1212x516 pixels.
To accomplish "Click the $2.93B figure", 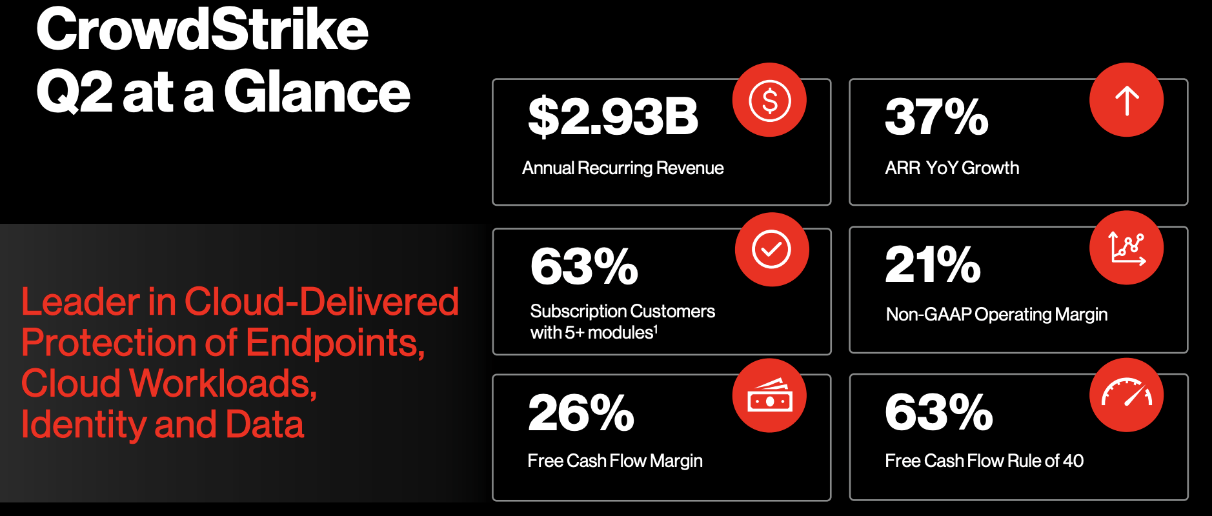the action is pyautogui.click(x=613, y=117).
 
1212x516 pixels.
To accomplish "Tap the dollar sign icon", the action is pyautogui.click(x=769, y=100).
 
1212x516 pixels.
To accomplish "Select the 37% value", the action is pyautogui.click(x=936, y=117).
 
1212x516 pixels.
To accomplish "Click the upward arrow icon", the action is pyautogui.click(x=1127, y=100).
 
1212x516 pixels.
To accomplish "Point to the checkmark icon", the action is pyautogui.click(x=772, y=249).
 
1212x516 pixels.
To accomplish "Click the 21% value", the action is pyautogui.click(x=933, y=264).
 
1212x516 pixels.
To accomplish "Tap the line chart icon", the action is pyautogui.click(x=1127, y=248).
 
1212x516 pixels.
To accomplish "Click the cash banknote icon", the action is pyautogui.click(x=769, y=395).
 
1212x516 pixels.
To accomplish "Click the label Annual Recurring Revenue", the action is pyautogui.click(x=623, y=168).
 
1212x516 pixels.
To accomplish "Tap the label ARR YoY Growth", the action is pyautogui.click(x=952, y=168).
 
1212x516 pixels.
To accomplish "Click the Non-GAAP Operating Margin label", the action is pyautogui.click(x=996, y=315).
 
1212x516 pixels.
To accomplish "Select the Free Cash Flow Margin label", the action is pyautogui.click(x=615, y=461).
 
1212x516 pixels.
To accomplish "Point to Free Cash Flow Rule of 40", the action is pyautogui.click(x=984, y=461).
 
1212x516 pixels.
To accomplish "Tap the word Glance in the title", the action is pyautogui.click(x=317, y=92).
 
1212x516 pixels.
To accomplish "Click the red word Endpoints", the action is pyautogui.click(x=335, y=342).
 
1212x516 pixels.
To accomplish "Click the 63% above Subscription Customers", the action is pyautogui.click(x=584, y=266).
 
